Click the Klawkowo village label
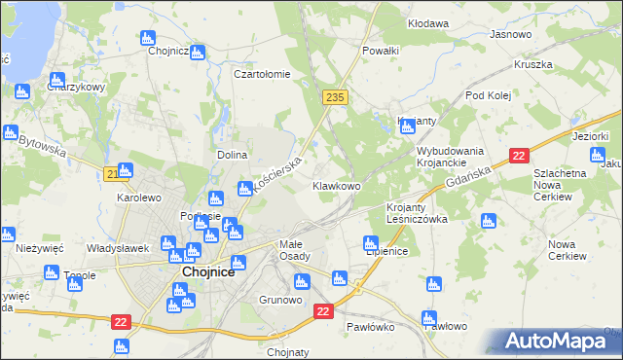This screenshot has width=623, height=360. point(336,186)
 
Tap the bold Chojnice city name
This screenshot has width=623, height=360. point(206,273)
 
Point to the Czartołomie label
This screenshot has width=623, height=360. point(262,74)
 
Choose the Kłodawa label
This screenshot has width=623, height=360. point(428,22)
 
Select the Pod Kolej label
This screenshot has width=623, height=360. point(488,95)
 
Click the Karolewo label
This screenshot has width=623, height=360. point(138,198)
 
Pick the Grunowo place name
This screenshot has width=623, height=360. point(280,300)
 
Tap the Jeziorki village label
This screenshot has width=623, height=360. point(590,136)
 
